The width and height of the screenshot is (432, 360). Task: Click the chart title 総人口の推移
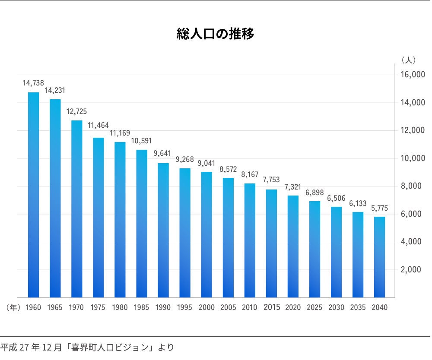point(216,34)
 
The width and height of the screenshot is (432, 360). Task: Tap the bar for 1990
point(163,230)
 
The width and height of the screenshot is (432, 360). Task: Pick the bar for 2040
point(379,257)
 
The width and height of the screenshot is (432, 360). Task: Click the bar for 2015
point(271,243)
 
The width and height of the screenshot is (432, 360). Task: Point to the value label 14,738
point(33,83)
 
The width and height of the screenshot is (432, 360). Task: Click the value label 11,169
point(120,133)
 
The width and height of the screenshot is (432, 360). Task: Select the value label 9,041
point(206,163)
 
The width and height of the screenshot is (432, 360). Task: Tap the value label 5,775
point(379,208)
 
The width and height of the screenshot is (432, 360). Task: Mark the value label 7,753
point(271,180)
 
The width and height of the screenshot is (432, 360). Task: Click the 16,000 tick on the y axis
point(413,75)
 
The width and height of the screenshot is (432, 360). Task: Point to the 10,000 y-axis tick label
point(413,158)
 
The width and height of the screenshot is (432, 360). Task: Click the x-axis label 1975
point(98,308)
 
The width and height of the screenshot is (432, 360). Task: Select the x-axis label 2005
point(228,308)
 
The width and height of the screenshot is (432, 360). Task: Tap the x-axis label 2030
point(336,308)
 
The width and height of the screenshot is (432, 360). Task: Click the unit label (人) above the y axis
point(408,59)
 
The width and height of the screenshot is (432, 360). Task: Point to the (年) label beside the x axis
point(13,308)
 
